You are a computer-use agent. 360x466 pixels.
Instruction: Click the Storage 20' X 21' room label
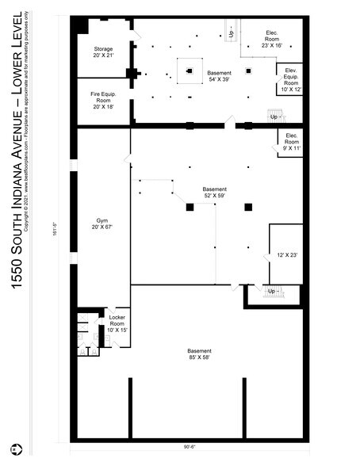coord(103,52)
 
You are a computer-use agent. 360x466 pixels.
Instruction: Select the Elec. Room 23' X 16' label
coord(270,42)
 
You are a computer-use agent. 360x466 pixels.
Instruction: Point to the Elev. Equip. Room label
coord(290,79)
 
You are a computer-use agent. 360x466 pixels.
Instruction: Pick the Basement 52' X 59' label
coord(214,193)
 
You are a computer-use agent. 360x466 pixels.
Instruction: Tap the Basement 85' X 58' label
coord(199,354)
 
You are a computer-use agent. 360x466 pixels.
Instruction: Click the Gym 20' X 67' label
coord(103,223)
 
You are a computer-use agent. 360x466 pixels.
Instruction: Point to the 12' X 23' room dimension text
coord(286,254)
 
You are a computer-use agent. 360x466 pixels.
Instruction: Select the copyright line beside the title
coord(32,119)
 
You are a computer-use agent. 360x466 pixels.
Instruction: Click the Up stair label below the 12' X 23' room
coord(274,292)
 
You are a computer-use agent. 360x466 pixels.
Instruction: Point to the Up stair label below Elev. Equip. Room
coord(274,116)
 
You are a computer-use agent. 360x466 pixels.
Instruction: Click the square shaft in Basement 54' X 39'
coord(190,71)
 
